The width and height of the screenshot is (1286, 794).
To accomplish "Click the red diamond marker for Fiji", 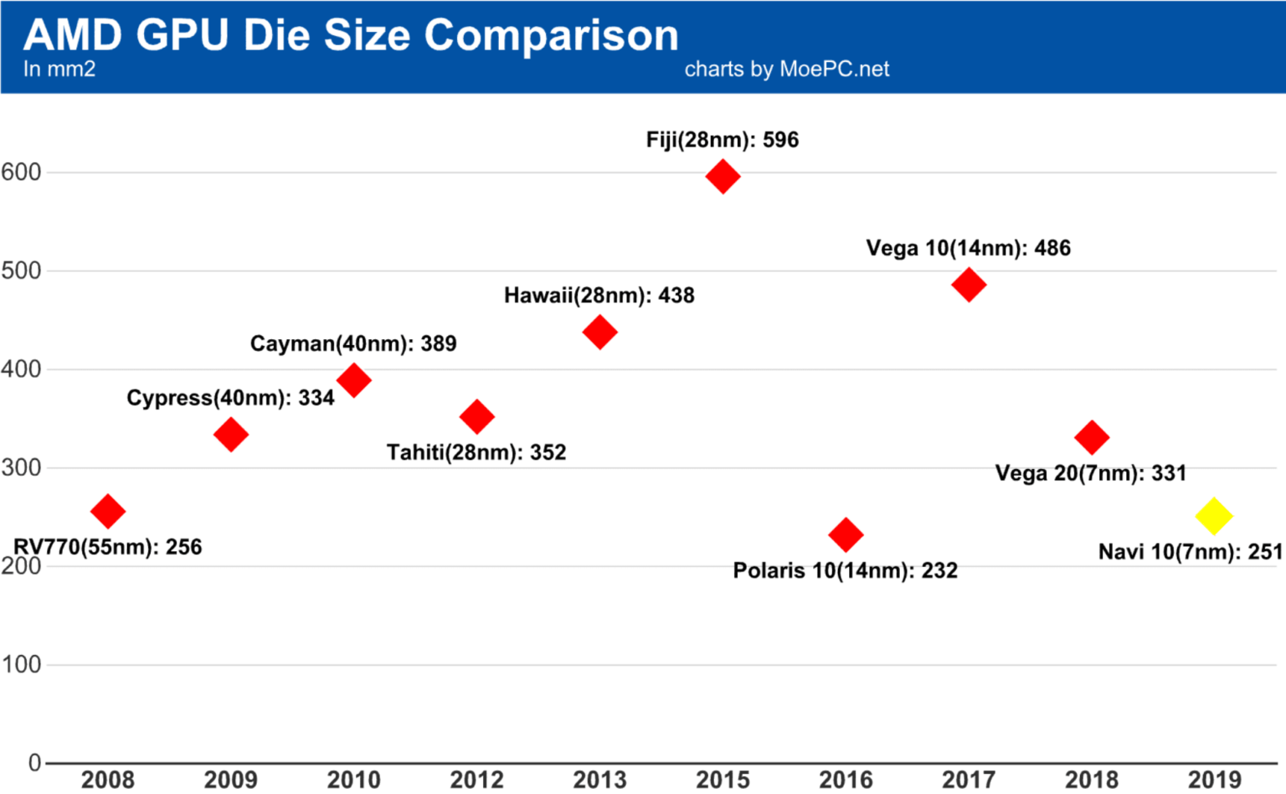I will tap(723, 177).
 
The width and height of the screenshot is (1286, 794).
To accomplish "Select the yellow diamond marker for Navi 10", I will tap(1214, 516).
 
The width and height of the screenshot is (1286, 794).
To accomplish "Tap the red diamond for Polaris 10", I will tap(846, 534).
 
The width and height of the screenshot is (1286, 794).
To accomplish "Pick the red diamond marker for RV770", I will tap(108, 511).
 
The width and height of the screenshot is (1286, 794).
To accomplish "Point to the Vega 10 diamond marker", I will tap(969, 285).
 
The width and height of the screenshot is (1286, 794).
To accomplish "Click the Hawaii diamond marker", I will tap(599, 333).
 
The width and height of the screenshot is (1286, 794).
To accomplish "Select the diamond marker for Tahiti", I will tap(477, 416).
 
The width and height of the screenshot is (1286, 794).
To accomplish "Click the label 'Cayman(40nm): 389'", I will tap(353, 343).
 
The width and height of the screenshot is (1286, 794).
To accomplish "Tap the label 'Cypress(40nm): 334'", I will tap(230, 398).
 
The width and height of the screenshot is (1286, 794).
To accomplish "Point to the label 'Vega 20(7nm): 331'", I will tap(1090, 473).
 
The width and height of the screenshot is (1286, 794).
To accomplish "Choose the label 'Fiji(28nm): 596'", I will tap(723, 140).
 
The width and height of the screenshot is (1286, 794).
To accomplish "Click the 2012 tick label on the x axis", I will tap(477, 780).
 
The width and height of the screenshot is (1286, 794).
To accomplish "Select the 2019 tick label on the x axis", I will tap(1214, 780).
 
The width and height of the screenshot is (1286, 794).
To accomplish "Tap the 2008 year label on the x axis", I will tap(108, 780).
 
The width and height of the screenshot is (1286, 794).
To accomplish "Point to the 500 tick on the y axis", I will tap(21, 271).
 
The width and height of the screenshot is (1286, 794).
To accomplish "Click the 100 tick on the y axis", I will tap(21, 665).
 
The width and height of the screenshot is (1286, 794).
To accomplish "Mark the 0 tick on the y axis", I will tap(34, 763).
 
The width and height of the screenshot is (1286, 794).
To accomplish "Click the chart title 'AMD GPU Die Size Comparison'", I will tap(351, 35).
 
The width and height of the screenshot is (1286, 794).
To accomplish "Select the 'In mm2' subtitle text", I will tap(59, 70).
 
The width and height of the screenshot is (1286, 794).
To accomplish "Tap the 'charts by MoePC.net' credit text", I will tap(786, 70).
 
